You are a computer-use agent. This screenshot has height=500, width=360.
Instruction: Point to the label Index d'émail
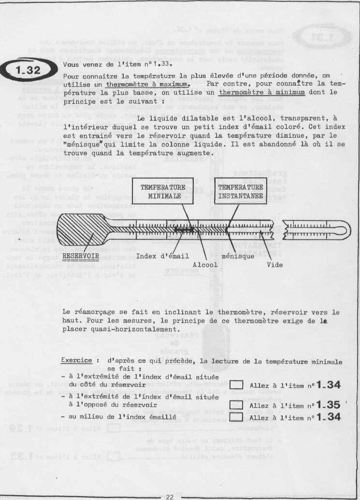point(157,256)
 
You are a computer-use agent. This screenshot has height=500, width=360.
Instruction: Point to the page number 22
point(170,497)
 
